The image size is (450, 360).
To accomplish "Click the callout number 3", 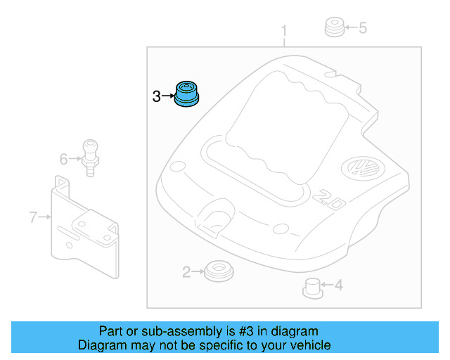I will pos(156,96).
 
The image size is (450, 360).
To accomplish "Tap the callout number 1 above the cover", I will pos(284,32).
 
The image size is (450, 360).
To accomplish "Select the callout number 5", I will pos(363,28).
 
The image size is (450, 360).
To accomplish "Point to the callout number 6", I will pos(63,160).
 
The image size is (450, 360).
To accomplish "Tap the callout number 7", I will pos(32,217).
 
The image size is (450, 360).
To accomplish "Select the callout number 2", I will pos(186,271).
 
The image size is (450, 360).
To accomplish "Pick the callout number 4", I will pos(338,285).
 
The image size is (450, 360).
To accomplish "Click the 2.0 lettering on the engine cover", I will pos(327,199).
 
